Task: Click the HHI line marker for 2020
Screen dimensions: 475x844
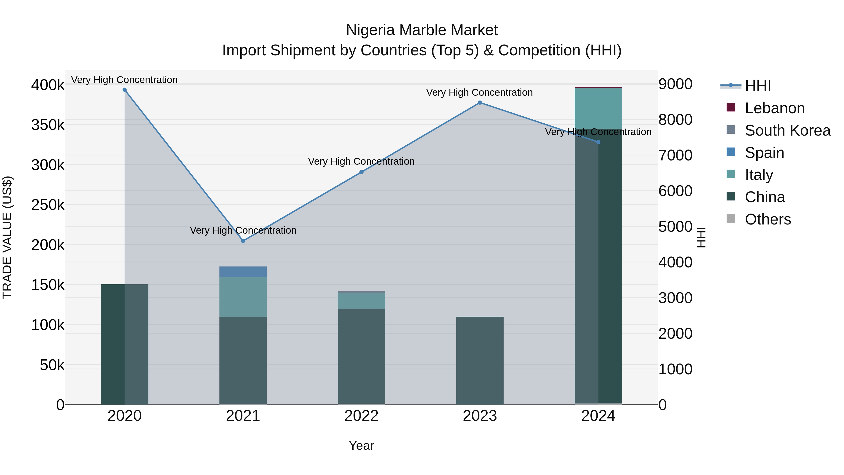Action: (x=124, y=90)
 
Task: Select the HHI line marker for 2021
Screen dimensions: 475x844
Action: (x=243, y=241)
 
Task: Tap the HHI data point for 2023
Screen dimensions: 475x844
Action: (x=480, y=103)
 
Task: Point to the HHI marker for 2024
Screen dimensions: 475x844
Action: (x=598, y=142)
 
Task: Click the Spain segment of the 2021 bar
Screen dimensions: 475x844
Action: (x=243, y=272)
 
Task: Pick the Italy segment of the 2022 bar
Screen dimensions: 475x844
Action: (x=361, y=301)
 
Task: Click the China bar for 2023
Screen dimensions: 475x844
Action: (x=480, y=361)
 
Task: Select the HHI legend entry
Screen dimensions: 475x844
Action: (x=757, y=86)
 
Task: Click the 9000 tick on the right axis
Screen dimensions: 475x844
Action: (x=676, y=84)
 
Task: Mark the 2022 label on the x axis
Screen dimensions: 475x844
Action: (x=361, y=416)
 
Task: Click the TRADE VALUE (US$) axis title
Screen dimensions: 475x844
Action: (x=7, y=237)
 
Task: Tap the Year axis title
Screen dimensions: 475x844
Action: (x=361, y=445)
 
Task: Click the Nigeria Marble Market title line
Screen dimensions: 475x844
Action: (x=422, y=30)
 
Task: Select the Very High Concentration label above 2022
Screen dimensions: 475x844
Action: (x=361, y=161)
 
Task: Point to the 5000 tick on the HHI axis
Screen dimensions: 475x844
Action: (x=676, y=227)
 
